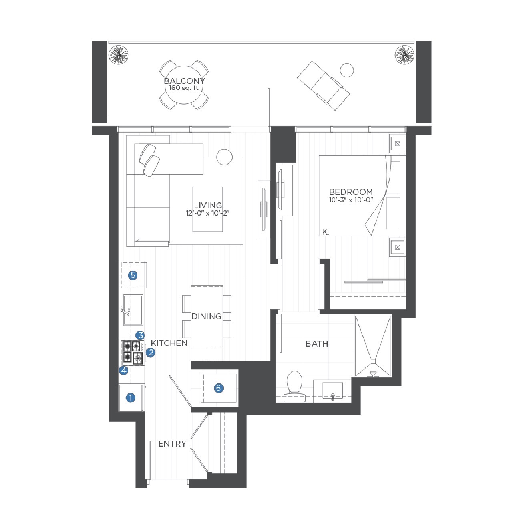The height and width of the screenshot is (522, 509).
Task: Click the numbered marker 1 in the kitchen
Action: pyautogui.click(x=131, y=397)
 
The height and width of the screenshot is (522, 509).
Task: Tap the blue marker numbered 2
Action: pyautogui.click(x=151, y=352)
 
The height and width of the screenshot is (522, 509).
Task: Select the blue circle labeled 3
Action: pyautogui.click(x=140, y=335)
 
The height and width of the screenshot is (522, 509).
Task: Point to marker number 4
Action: pyautogui.click(x=124, y=371)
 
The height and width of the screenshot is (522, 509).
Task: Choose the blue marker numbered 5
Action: pyautogui.click(x=133, y=275)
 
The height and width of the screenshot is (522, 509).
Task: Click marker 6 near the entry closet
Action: pyautogui.click(x=219, y=388)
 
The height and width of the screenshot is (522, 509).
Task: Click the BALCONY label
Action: pyautogui.click(x=185, y=81)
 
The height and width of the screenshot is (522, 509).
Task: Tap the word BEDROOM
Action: pyautogui.click(x=351, y=192)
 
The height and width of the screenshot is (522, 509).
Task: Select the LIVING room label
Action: pyautogui.click(x=208, y=205)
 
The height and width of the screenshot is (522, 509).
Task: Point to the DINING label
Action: pyautogui.click(x=207, y=316)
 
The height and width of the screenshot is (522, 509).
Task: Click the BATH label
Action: pyautogui.click(x=317, y=344)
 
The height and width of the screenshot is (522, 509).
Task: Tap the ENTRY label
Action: pyautogui.click(x=172, y=443)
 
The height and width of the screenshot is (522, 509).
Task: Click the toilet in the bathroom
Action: pyautogui.click(x=294, y=386)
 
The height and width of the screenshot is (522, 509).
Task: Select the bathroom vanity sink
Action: pyautogui.click(x=332, y=391)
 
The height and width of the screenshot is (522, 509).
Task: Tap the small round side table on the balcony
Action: pyautogui.click(x=347, y=70)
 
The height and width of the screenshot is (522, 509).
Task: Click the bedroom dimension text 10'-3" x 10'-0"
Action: pyautogui.click(x=351, y=200)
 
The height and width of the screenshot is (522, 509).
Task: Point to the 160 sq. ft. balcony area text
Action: pyautogui.click(x=184, y=88)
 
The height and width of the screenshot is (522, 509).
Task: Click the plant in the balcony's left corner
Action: pyautogui.click(x=118, y=55)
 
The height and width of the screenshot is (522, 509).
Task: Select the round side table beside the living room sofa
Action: pyautogui.click(x=224, y=157)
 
